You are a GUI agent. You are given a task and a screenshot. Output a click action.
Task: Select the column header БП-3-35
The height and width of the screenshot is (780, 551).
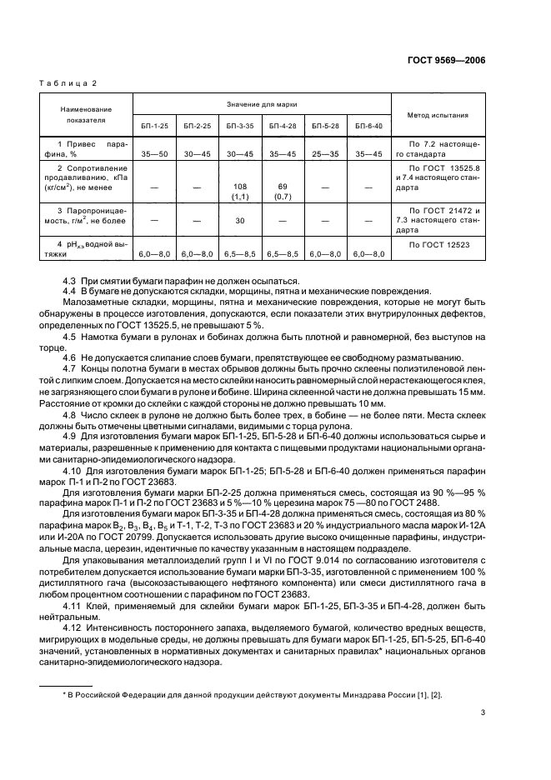(x=240, y=126)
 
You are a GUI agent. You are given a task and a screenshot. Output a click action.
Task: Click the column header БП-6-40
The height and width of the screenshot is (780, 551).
(x=368, y=126)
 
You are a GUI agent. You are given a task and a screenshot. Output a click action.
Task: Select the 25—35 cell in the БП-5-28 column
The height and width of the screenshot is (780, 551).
(x=325, y=154)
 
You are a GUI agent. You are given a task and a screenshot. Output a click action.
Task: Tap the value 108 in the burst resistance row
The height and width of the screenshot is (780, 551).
(x=240, y=186)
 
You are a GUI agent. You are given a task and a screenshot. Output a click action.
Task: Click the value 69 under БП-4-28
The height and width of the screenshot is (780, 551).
(x=283, y=186)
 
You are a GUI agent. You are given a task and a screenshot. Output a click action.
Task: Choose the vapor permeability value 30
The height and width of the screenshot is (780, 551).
(x=240, y=221)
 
